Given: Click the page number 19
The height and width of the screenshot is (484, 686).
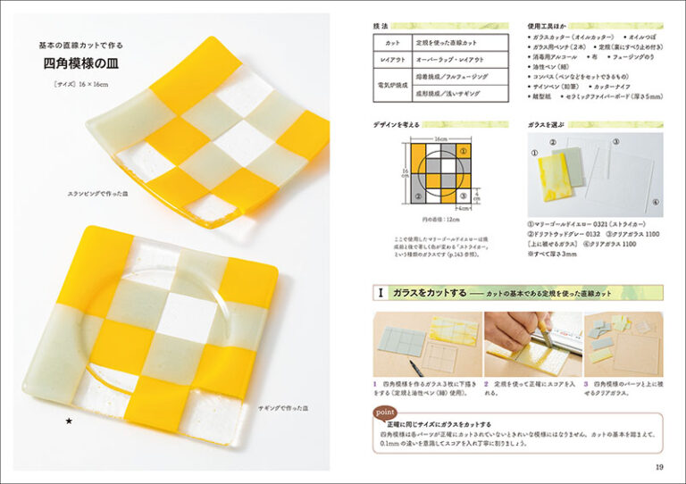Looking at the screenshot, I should coord(658,467).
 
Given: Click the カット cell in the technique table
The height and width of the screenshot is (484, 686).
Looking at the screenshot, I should coord(392,42).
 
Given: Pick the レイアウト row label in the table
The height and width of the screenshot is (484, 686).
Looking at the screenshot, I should coord(392,59).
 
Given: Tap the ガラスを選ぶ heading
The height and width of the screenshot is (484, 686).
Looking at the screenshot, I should coord(545,126).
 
